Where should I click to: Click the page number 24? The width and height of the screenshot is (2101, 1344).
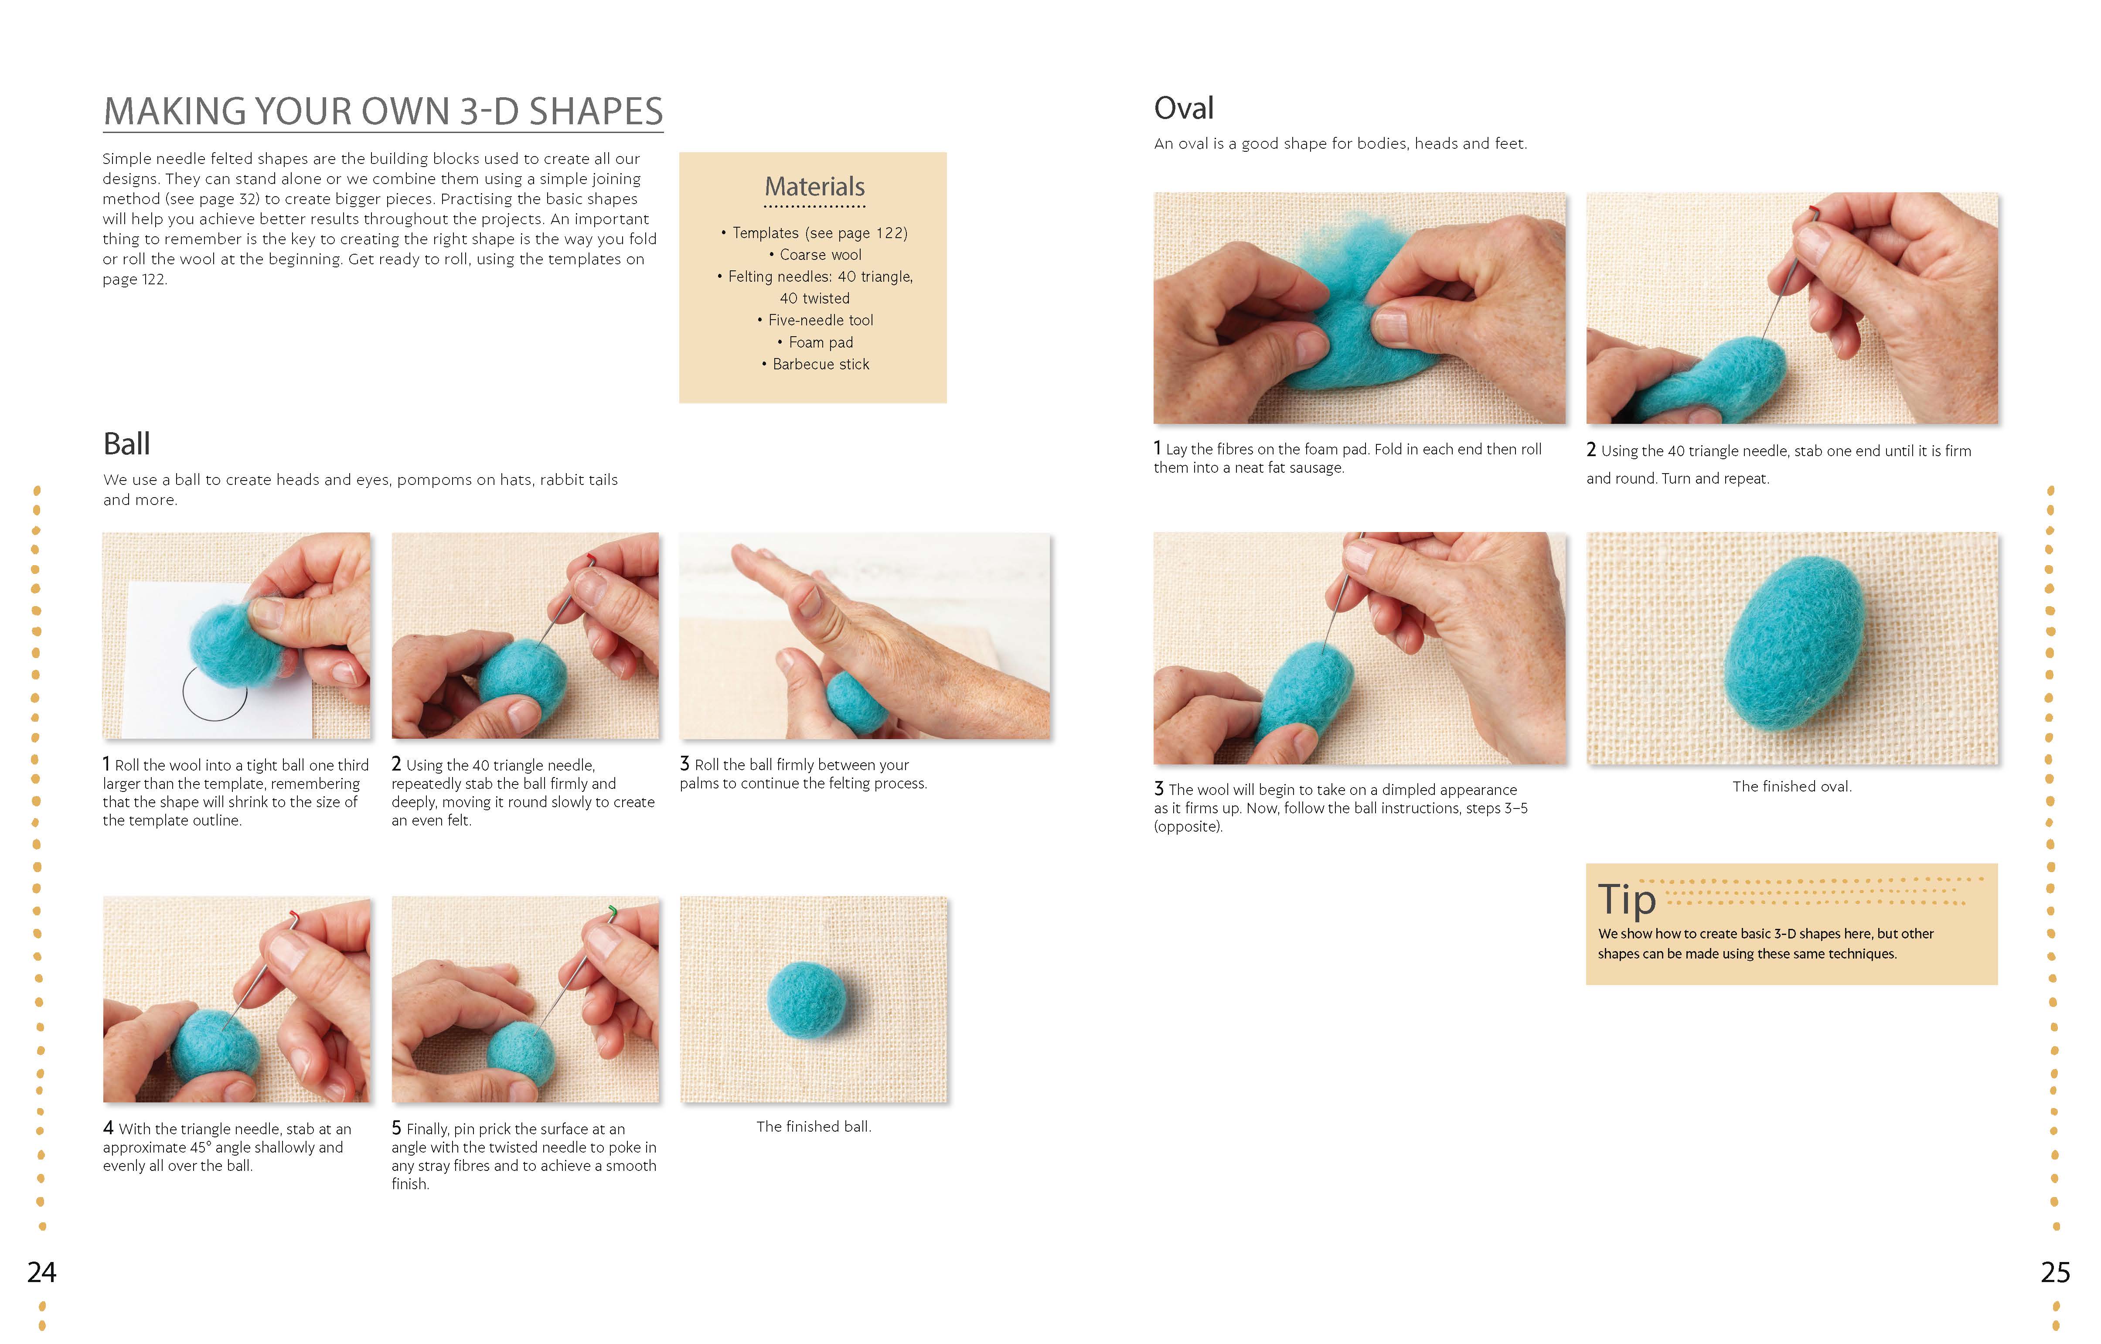42,1272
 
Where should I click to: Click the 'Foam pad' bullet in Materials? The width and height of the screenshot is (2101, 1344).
815,342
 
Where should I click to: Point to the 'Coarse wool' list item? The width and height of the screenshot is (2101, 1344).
815,255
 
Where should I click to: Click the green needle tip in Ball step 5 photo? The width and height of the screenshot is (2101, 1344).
613,912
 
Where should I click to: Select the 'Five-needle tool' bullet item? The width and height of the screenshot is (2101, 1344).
815,320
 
